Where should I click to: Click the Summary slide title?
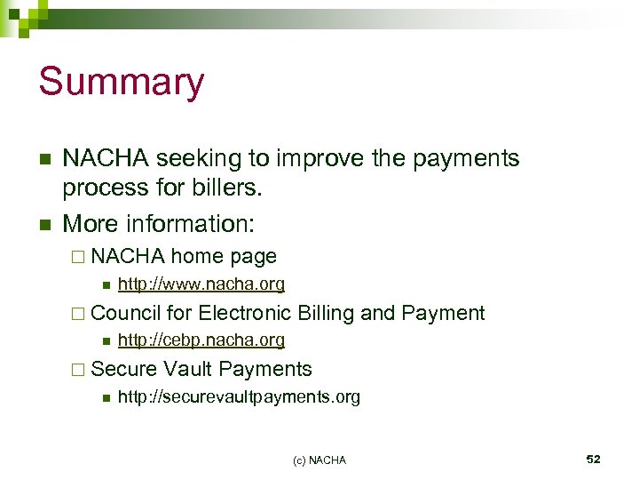[x=122, y=82]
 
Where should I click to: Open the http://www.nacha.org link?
[x=201, y=284]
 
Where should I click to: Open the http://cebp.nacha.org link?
[x=201, y=340]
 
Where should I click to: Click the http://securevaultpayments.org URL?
[x=239, y=397]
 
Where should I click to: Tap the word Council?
[x=125, y=313]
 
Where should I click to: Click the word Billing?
[x=327, y=313]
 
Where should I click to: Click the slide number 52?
[x=593, y=460]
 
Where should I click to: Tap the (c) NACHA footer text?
[x=319, y=460]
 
